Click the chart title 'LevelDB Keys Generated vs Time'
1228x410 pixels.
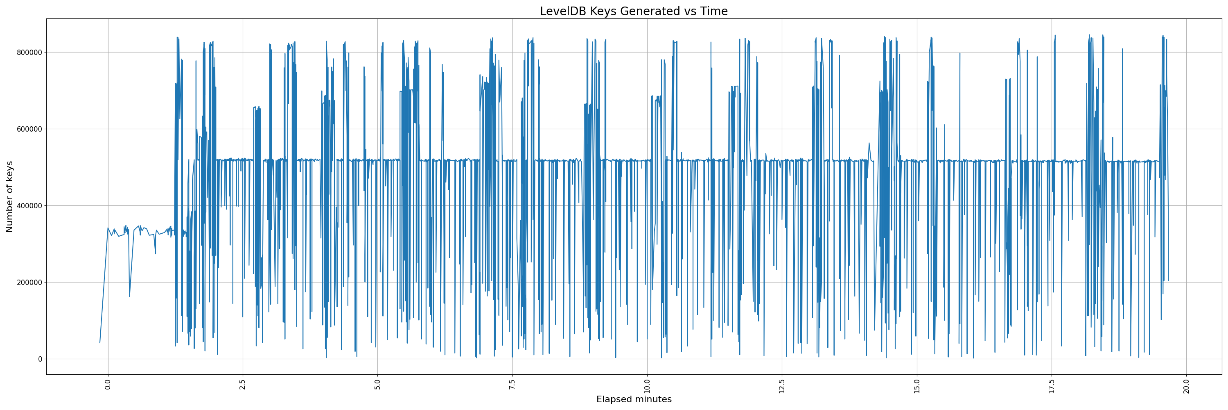(x=634, y=11)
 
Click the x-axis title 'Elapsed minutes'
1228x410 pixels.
(x=634, y=399)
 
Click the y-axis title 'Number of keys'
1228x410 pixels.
(x=9, y=197)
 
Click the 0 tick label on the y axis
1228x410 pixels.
(x=40, y=359)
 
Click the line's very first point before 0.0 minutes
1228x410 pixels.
(x=99, y=343)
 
